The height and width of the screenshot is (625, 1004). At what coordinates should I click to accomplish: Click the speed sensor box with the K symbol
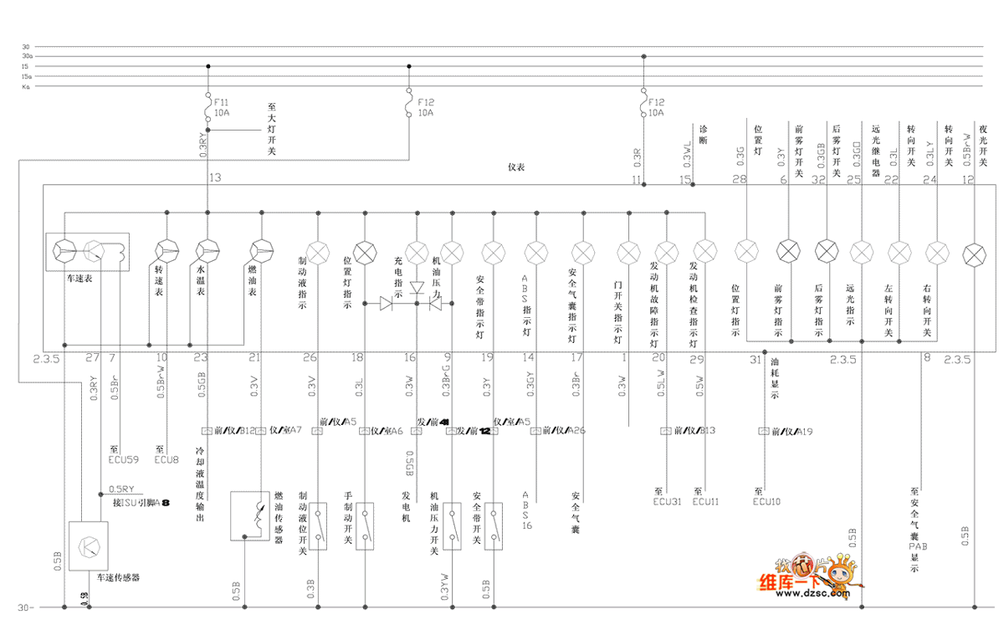pos(88,545)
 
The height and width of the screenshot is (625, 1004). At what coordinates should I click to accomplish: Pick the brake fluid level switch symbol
pos(319,526)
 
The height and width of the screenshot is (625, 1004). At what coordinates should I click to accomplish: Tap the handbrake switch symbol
pos(366,526)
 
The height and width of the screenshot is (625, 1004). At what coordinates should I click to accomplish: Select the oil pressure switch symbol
pos(453,526)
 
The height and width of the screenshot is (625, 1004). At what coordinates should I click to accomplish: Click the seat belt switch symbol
pos(494,526)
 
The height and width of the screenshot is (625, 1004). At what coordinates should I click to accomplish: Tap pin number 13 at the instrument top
pos(216,177)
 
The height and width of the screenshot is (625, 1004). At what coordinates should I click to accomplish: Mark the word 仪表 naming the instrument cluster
pos(516,167)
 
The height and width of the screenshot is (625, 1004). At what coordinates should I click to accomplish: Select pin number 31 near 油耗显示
pos(756,360)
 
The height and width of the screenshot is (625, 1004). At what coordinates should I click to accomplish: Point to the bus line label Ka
pos(27,86)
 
